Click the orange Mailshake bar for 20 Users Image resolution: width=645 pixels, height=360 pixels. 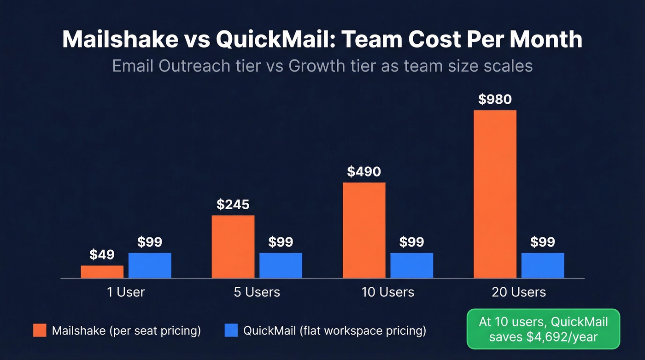click(x=495, y=194)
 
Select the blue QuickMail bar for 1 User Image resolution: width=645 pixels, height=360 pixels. click(x=150, y=266)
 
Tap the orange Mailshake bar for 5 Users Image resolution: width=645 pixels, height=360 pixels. click(x=233, y=247)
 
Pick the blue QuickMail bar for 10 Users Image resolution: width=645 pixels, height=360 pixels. click(x=411, y=266)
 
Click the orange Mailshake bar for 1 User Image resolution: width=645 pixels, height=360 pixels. click(x=102, y=272)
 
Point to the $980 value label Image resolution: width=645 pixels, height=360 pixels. click(x=495, y=100)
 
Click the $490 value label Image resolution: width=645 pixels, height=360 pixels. click(x=364, y=172)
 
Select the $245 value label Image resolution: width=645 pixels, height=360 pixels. click(x=233, y=205)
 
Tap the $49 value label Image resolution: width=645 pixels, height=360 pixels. click(x=102, y=254)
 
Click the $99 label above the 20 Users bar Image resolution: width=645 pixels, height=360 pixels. click(x=543, y=242)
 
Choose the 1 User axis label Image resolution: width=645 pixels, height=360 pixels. click(x=126, y=292)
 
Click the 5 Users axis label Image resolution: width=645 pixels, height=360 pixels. click(x=257, y=292)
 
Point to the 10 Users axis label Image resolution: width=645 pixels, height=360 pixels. click(x=388, y=292)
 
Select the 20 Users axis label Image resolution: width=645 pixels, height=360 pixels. click(x=519, y=292)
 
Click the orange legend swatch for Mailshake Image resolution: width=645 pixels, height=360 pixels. click(x=40, y=330)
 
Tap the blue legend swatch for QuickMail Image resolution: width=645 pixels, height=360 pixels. click(x=231, y=330)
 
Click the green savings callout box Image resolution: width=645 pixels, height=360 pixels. click(x=543, y=329)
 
